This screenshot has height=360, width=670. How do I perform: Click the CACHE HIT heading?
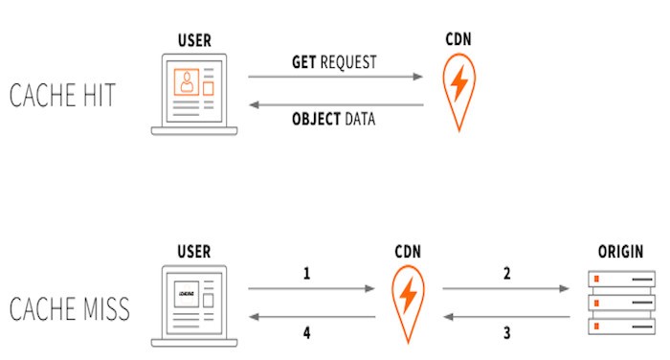click(62, 95)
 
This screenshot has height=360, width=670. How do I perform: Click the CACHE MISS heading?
click(70, 308)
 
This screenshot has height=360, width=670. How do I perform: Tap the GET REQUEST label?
click(334, 62)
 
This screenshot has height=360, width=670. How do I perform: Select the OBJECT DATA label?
click(333, 119)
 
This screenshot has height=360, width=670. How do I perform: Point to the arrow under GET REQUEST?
click(335, 77)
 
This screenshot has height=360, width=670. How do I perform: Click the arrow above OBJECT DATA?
click(336, 104)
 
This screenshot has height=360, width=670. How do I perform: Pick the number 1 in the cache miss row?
click(306, 274)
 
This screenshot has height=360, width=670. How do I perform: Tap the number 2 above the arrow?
click(506, 274)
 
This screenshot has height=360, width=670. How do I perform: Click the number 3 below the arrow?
click(506, 332)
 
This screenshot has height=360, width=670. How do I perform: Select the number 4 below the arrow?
click(306, 332)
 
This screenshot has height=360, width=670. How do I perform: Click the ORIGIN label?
click(620, 252)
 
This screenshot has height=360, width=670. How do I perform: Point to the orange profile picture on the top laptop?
click(187, 82)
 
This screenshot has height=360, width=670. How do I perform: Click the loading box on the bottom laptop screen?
click(187, 294)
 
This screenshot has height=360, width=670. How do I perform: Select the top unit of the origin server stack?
click(622, 279)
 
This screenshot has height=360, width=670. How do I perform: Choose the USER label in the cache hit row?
click(194, 40)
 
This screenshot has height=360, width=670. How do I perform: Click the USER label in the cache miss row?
click(194, 252)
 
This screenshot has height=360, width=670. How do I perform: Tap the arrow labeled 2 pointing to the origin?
click(506, 288)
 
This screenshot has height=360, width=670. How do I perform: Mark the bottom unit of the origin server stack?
click(622, 326)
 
